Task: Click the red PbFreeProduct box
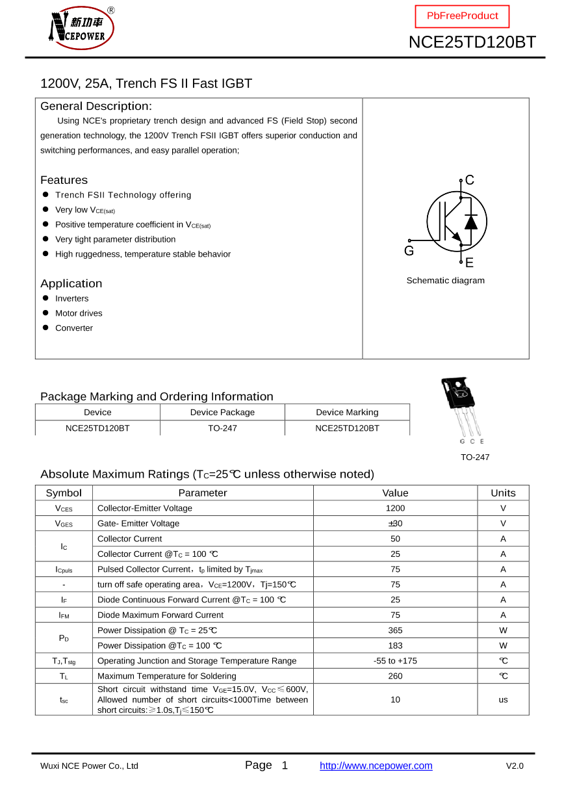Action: [x=462, y=16]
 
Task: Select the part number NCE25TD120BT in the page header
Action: [x=472, y=42]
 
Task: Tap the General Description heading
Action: [x=96, y=106]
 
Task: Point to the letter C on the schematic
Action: [x=470, y=180]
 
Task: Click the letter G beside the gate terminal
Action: [x=409, y=251]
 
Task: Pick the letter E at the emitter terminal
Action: [x=469, y=263]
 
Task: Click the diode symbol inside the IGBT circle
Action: [x=471, y=222]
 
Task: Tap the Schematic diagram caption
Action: [x=445, y=281]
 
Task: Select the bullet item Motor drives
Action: [x=79, y=313]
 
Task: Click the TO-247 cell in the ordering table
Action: [x=222, y=428]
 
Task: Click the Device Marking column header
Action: [x=347, y=412]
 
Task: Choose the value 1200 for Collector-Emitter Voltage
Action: [x=395, y=508]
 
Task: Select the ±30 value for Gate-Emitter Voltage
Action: [x=395, y=524]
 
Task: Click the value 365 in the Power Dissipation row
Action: [x=395, y=630]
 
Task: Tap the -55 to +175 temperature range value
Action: [x=395, y=661]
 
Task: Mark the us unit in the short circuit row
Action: [x=503, y=700]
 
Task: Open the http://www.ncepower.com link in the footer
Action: [x=376, y=766]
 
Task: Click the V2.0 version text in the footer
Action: [x=515, y=766]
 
